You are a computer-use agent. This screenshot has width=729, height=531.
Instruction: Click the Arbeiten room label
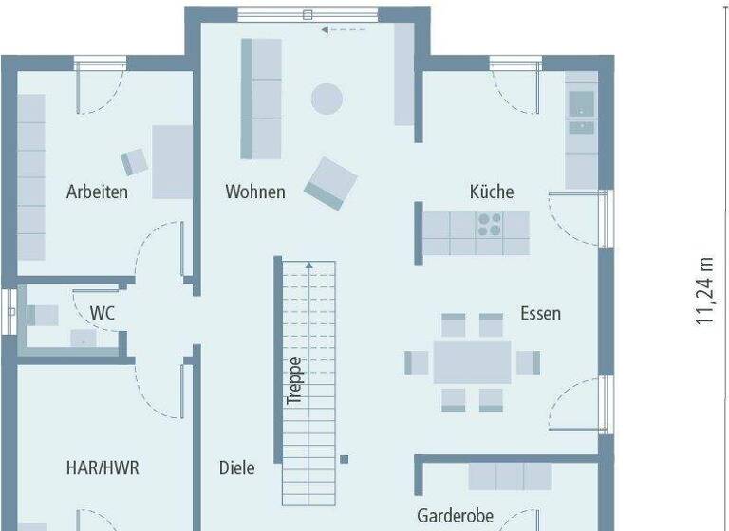click(x=97, y=192)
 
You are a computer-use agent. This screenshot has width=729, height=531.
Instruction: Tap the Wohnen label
click(x=254, y=192)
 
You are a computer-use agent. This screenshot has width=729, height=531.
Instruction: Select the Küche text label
click(x=492, y=192)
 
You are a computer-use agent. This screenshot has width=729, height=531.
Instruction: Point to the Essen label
click(x=540, y=313)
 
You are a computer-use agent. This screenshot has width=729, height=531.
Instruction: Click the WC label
click(x=103, y=312)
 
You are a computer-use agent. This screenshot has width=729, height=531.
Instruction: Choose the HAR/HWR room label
click(x=102, y=467)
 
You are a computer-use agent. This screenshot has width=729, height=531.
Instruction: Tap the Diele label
click(x=236, y=467)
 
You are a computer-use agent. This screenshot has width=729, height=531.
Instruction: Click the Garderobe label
click(x=456, y=516)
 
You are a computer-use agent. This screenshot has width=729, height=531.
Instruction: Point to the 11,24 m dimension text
click(x=703, y=290)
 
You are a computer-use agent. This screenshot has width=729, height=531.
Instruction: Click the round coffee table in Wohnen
click(x=327, y=98)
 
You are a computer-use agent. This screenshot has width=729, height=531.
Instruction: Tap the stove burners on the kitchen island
click(x=489, y=225)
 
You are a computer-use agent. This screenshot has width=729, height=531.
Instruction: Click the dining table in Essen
click(x=472, y=362)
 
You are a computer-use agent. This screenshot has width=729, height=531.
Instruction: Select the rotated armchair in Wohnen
click(x=330, y=183)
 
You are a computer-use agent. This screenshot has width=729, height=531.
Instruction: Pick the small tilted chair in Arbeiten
click(x=135, y=161)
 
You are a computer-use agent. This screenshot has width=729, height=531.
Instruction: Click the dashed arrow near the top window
click(x=343, y=30)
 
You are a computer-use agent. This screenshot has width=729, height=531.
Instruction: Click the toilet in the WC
click(x=41, y=315)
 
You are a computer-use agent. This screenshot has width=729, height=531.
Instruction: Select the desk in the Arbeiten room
click(x=172, y=161)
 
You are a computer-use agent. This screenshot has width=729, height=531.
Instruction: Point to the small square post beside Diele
click(x=344, y=460)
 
